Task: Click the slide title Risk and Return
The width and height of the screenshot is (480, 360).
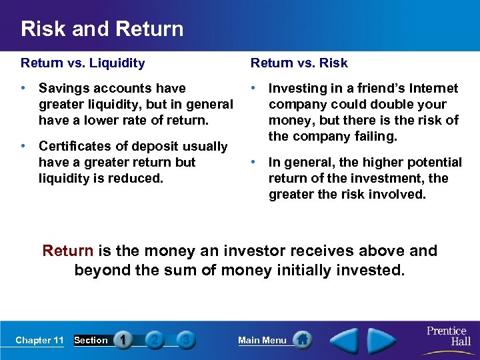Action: click(102, 29)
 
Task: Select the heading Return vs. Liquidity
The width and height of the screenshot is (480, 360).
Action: click(83, 63)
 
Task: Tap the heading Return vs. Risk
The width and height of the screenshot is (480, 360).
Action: click(299, 63)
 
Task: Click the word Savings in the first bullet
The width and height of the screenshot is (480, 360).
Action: click(63, 89)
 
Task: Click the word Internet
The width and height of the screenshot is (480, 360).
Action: click(433, 89)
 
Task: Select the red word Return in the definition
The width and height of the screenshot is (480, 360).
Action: click(67, 251)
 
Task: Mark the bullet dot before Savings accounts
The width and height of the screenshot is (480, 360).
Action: click(24, 89)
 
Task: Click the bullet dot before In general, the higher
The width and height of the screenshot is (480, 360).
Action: click(254, 162)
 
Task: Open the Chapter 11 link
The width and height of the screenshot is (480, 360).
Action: click(39, 341)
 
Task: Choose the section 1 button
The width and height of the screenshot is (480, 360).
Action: click(123, 340)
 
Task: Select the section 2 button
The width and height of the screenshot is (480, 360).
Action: click(155, 340)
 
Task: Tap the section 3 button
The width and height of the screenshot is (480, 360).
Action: click(186, 340)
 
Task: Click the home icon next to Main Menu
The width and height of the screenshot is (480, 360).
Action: click(303, 340)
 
